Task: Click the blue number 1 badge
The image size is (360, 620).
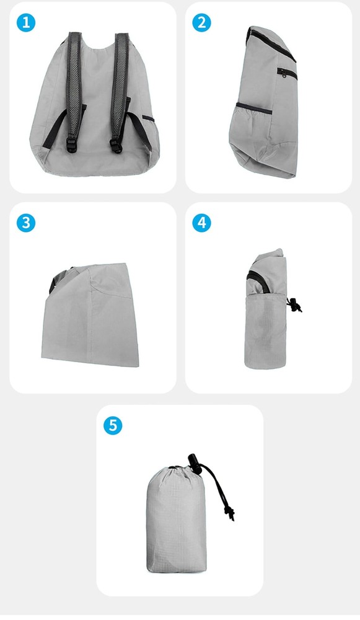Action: point(25,23)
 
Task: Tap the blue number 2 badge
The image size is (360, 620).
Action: point(201,23)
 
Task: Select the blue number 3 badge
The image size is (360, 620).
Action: point(25,223)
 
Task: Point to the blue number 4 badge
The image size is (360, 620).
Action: point(201,223)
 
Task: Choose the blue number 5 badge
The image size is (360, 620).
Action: point(112,425)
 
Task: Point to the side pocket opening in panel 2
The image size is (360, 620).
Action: point(254,110)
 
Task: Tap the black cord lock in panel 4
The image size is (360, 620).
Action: point(294,304)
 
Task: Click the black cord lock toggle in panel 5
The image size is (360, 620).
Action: point(192,462)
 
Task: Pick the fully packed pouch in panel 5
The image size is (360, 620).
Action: point(177,521)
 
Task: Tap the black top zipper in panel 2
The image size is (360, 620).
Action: point(273,43)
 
